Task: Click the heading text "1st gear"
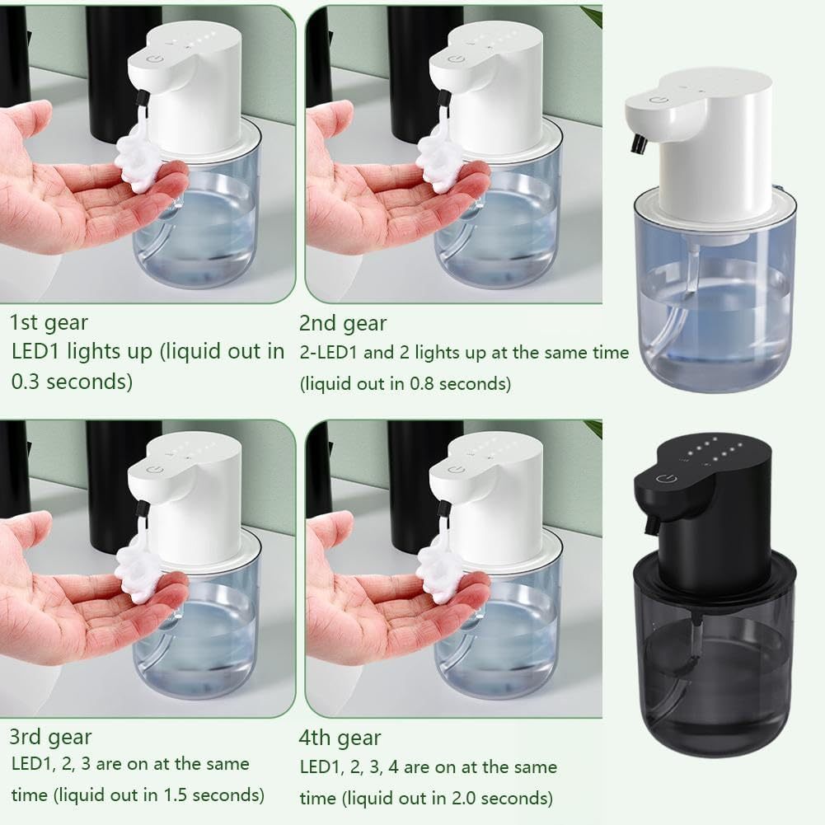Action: tap(49, 322)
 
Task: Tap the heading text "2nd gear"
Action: tap(343, 323)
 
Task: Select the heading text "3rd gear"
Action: tap(50, 737)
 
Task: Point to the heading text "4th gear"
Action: tap(340, 738)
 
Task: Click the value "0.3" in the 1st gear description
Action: tap(26, 382)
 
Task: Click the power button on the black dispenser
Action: tap(663, 479)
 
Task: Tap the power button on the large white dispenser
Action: tap(659, 100)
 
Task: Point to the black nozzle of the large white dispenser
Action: tap(637, 144)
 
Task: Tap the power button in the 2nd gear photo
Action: tap(455, 59)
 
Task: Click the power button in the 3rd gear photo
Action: tap(154, 469)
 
